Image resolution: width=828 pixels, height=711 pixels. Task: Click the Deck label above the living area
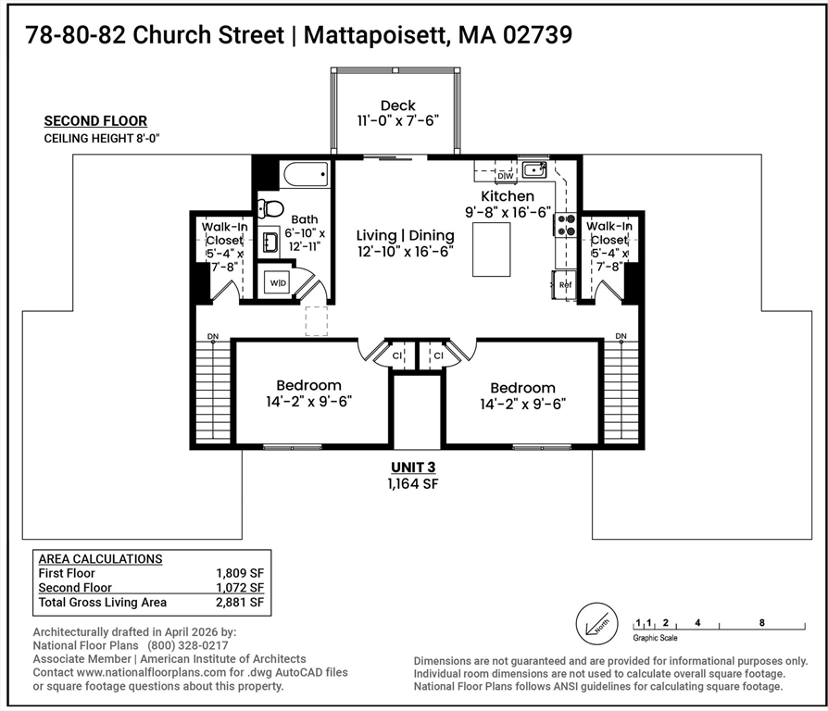point(397,106)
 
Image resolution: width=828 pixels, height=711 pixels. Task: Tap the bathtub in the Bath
point(306,174)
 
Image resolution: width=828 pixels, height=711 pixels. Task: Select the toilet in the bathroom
point(270,208)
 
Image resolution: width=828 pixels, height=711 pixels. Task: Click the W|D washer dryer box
point(278,282)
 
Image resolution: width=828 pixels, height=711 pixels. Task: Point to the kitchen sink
point(533,169)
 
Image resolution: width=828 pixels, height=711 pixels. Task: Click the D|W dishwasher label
point(505,175)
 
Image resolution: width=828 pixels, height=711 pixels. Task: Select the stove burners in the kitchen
point(565,225)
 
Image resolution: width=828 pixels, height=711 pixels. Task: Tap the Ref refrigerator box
point(565,284)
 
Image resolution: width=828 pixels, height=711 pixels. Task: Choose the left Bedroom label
point(308,385)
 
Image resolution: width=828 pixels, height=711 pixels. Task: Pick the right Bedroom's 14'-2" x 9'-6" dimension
point(522,404)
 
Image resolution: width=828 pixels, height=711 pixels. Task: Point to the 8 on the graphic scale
point(761,623)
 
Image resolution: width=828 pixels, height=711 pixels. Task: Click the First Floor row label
point(66,573)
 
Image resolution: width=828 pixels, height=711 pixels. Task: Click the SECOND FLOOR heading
point(95,120)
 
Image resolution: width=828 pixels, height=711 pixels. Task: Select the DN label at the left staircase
point(213,335)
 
